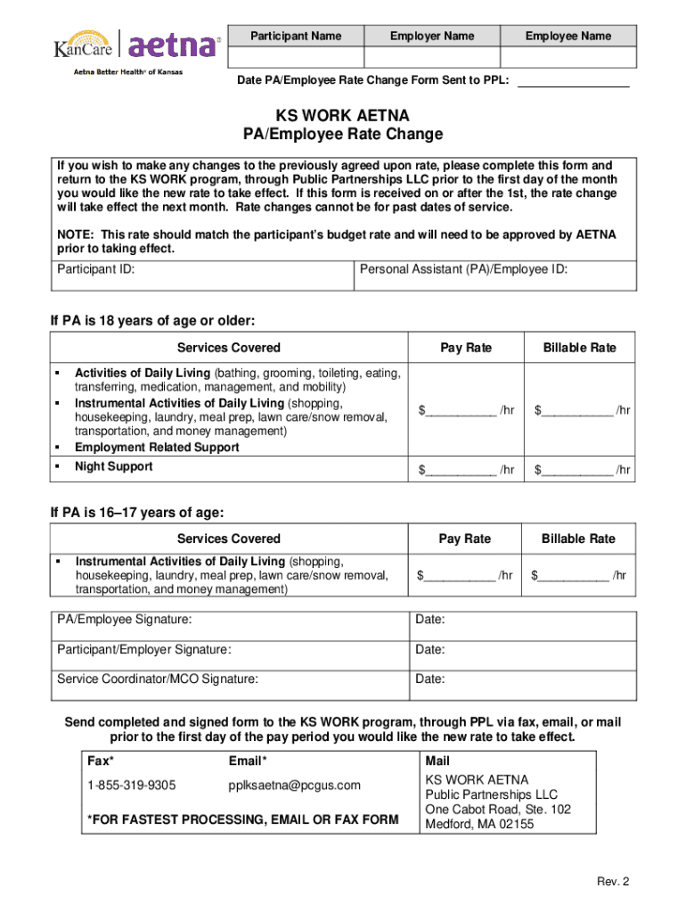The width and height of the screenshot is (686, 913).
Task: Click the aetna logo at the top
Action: pyautogui.click(x=175, y=45)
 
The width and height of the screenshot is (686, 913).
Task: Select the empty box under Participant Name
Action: pyautogui.click(x=296, y=57)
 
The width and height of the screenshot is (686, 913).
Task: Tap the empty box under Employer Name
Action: pyautogui.click(x=432, y=57)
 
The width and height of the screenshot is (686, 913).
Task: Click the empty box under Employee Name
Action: pyautogui.click(x=568, y=57)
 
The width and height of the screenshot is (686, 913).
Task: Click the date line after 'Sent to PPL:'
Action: pyautogui.click(x=573, y=81)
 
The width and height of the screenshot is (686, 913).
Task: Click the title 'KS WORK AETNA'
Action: pyautogui.click(x=343, y=116)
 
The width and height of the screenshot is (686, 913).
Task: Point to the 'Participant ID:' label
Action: pyautogui.click(x=96, y=269)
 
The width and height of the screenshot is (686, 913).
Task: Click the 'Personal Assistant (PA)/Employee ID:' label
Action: pyautogui.click(x=463, y=269)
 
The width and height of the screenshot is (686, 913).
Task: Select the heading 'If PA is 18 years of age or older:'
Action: pyautogui.click(x=153, y=320)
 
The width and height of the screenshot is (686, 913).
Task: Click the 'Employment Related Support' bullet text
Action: pyautogui.click(x=157, y=448)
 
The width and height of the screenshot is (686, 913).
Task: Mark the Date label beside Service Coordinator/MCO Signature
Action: pyautogui.click(x=430, y=679)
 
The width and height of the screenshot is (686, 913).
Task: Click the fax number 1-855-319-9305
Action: pyautogui.click(x=131, y=786)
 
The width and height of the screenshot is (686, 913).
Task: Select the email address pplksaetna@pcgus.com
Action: pyautogui.click(x=295, y=786)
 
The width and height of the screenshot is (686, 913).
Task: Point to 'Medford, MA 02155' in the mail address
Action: pyautogui.click(x=479, y=825)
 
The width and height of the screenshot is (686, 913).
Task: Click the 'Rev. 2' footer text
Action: pyautogui.click(x=613, y=882)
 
